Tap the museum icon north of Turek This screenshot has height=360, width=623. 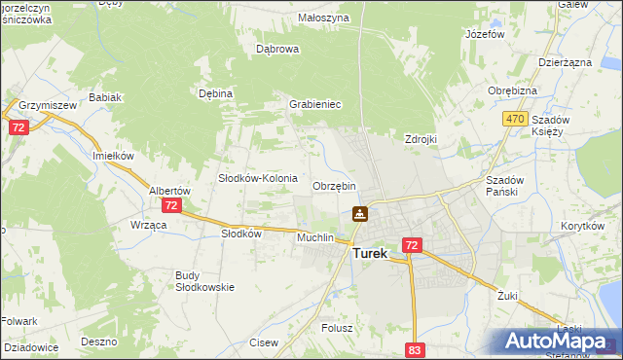[x=360, y=213]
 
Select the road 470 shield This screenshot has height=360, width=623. [x=515, y=119]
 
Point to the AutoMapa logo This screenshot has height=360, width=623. [x=556, y=341]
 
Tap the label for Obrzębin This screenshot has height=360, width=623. [x=334, y=186]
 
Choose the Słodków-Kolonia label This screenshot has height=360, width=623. [x=257, y=178]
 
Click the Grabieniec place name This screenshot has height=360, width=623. [x=313, y=104]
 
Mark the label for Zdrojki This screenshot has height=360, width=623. [x=421, y=139]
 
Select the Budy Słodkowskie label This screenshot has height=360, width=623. [x=199, y=281]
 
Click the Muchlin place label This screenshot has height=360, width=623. [x=315, y=237]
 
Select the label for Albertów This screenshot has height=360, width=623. [x=168, y=191]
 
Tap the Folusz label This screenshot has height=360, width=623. [x=337, y=328]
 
